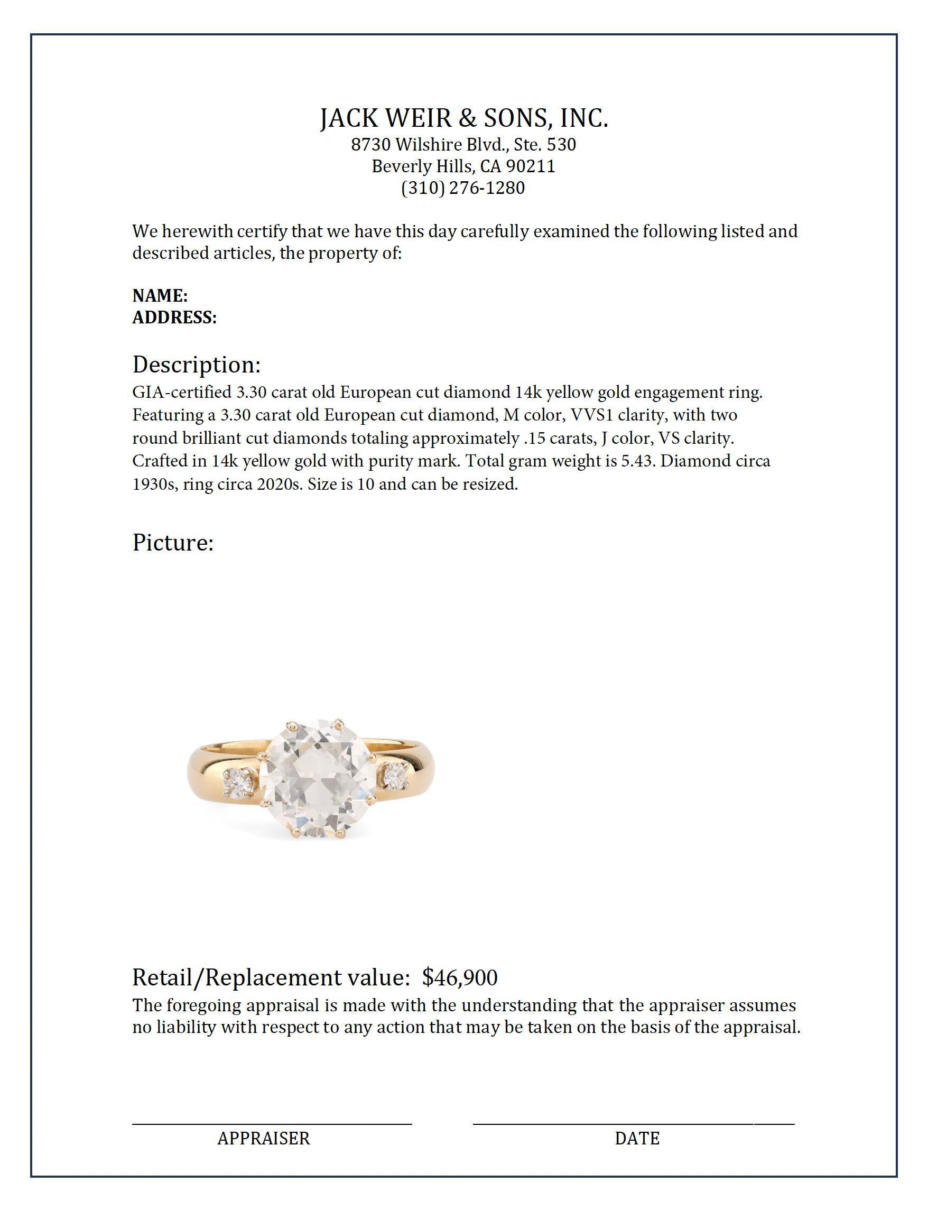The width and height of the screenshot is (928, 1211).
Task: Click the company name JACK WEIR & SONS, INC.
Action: click(x=464, y=118)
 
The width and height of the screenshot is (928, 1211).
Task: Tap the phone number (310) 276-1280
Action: click(x=463, y=188)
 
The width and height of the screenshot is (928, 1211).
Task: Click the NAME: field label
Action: click(x=160, y=295)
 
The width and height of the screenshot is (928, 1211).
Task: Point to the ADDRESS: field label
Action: click(x=174, y=318)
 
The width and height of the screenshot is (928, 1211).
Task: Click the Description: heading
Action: click(x=196, y=365)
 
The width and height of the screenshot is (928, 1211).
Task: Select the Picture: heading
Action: click(x=172, y=543)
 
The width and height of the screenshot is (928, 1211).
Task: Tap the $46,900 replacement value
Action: click(x=460, y=977)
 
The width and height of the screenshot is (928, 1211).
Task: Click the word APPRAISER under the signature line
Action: click(x=264, y=1138)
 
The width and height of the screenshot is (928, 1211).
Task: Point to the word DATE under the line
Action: click(x=637, y=1138)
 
